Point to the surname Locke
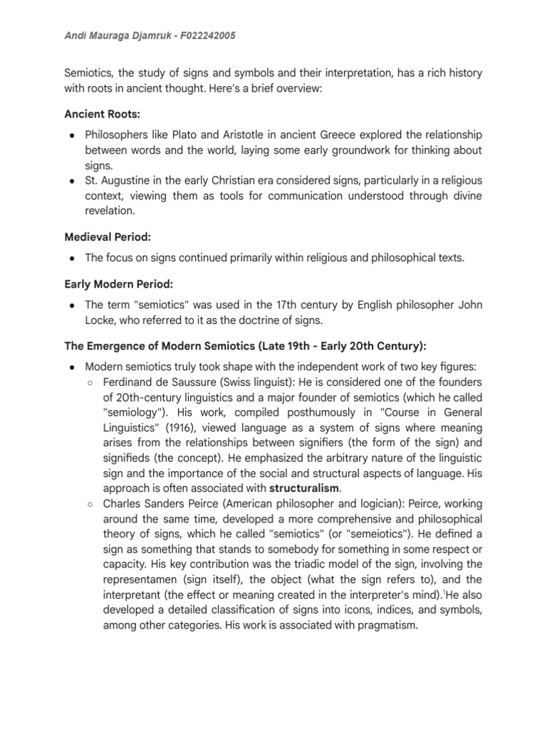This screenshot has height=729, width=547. click(100, 320)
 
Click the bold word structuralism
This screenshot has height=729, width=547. click(306, 488)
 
